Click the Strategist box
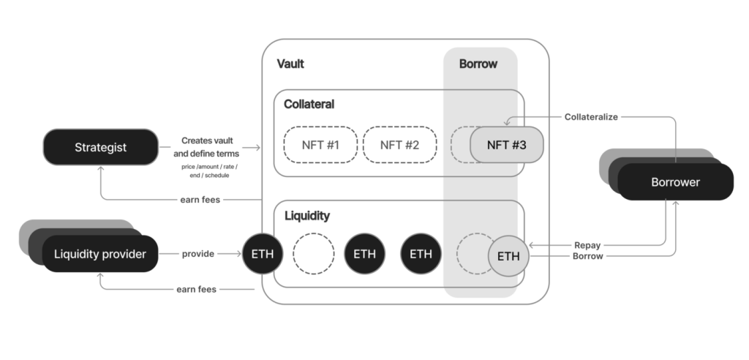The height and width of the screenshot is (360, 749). coord(100,147)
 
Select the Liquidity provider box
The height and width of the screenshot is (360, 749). coord(99,254)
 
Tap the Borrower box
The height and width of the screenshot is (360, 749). coord(675,181)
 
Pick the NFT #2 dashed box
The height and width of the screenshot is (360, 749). coord(400,145)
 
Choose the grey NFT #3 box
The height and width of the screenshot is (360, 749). coord(508,145)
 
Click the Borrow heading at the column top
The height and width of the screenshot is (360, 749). coord(478,64)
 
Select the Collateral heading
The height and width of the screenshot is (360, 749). coord(309,104)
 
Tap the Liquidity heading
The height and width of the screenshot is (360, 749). coord(306,215)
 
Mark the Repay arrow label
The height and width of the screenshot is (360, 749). coord(588,246)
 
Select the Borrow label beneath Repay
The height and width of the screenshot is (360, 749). coord(588,257)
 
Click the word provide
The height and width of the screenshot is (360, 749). coord(197,254)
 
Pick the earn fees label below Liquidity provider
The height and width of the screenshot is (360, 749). coord(196,289)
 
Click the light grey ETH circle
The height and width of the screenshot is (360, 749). coord(508,256)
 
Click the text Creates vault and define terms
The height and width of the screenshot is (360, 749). coord(210,146)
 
